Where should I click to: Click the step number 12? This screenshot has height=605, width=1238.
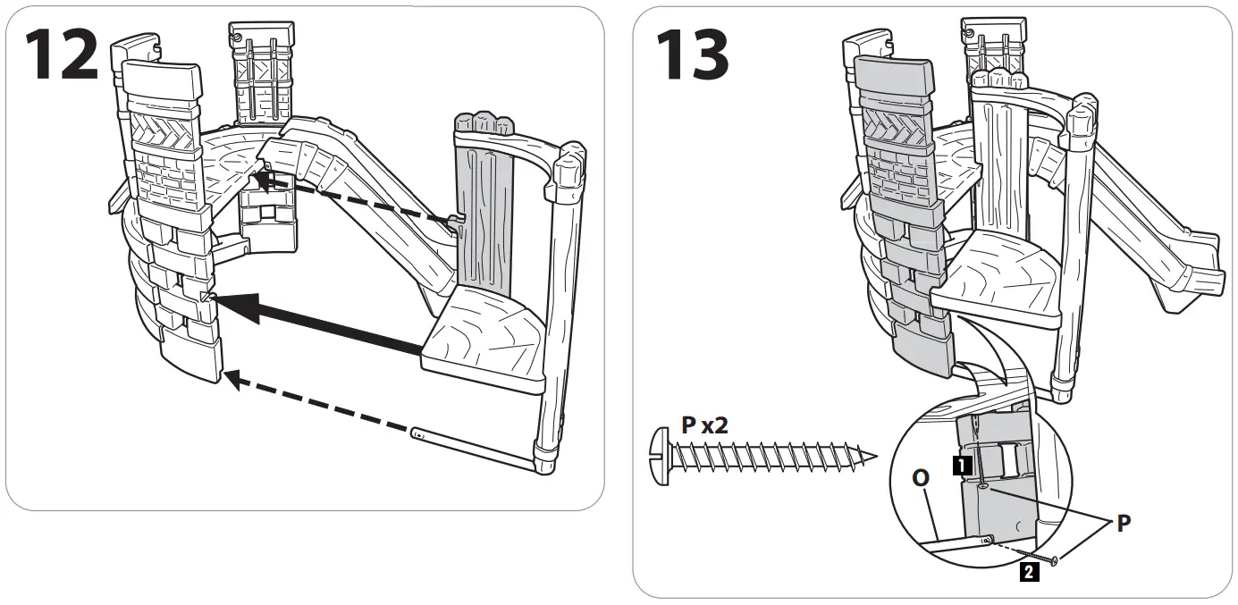click(60, 55)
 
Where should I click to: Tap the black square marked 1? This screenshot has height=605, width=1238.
click(960, 465)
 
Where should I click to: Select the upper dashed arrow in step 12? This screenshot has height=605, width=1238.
click(358, 202)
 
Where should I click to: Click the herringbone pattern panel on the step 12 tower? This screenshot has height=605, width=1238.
click(167, 133)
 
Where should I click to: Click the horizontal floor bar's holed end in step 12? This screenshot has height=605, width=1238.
click(420, 435)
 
